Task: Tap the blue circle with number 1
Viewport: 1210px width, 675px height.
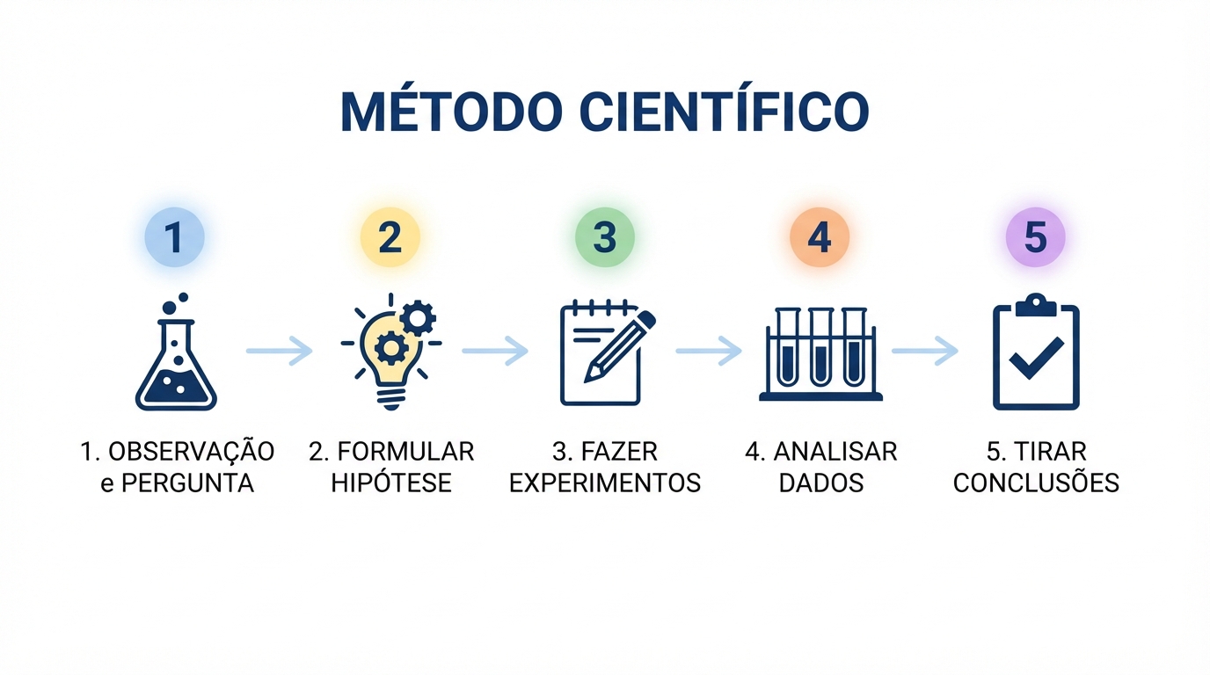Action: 174,237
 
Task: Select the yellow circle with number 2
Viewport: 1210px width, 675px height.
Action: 390,237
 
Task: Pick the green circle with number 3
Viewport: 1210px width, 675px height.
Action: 604,237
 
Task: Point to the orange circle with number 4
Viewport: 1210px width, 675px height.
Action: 820,237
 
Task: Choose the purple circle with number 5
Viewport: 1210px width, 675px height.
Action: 1035,237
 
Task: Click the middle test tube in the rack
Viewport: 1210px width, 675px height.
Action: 820,346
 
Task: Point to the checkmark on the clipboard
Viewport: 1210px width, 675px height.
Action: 1036,358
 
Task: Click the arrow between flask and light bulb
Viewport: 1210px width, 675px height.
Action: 280,351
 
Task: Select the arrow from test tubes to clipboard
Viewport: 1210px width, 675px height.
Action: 925,351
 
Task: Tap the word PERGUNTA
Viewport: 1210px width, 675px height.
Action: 187,483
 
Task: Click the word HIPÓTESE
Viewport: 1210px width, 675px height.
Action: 391,482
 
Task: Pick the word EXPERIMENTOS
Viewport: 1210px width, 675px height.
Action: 605,483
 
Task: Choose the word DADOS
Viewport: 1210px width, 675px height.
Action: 821,483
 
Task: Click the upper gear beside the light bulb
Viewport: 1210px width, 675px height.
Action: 418,318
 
